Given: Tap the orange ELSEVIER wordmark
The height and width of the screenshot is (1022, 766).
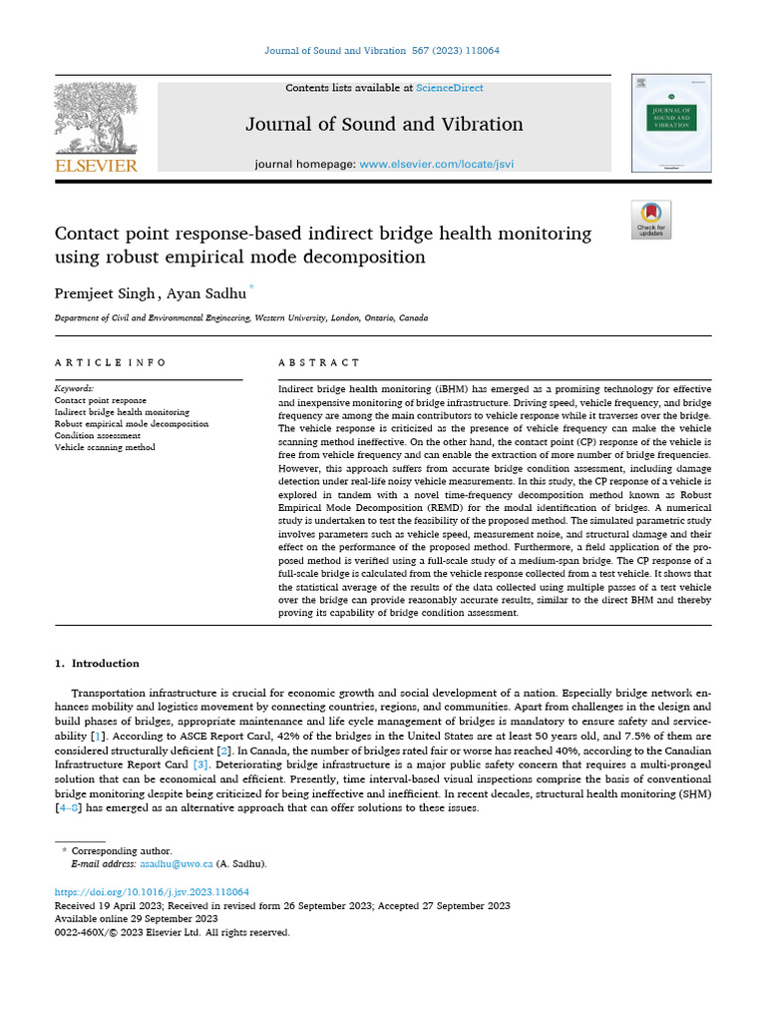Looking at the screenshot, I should [96, 166].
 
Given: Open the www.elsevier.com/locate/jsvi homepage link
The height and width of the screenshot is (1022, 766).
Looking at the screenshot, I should [436, 163].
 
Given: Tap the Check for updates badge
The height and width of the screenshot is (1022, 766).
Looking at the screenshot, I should [651, 220].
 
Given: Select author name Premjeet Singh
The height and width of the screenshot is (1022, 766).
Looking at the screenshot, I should [104, 293].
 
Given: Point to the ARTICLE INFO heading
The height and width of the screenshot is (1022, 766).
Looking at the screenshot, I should [111, 362].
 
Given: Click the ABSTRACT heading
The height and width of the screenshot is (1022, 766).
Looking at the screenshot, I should [318, 362].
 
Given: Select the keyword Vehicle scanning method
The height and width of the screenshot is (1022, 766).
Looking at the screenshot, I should [105, 447].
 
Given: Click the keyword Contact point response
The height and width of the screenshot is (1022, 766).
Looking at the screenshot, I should [100, 399].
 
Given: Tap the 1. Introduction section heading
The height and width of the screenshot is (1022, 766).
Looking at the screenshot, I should [97, 663].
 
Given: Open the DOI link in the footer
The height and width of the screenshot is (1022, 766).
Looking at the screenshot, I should [152, 891].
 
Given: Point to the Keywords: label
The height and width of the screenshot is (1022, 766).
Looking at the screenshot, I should [74, 387].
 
